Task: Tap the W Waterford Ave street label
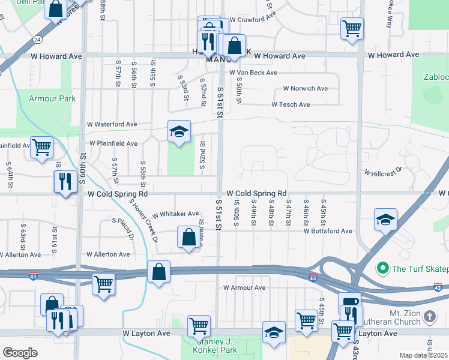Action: coord(112,124)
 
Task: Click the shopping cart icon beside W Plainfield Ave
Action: coord(41,146)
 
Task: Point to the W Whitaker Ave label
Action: coord(175,214)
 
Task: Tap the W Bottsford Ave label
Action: coord(327,231)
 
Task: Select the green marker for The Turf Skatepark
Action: coord(382,268)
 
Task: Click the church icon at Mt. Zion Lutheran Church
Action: coord(429,316)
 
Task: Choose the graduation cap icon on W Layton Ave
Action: coord(274,332)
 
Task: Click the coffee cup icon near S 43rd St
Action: coord(349,302)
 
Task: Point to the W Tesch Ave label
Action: coord(291,104)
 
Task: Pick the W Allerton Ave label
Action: coord(108,254)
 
